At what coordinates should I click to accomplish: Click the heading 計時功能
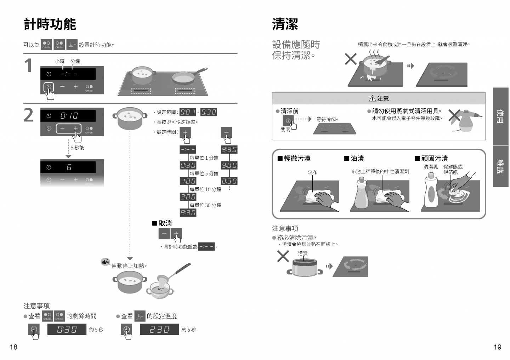tap(50, 24)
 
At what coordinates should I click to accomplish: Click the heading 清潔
tap(285, 24)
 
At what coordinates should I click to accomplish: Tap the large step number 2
tap(29, 115)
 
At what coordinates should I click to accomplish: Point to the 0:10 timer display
tap(69, 116)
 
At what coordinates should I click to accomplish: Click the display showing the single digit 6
tap(69, 167)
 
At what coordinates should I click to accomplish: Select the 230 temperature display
tap(159, 330)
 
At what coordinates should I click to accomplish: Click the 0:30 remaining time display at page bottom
tap(67, 330)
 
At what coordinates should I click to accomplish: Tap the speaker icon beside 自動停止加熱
tap(105, 262)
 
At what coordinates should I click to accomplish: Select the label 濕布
tap(312, 172)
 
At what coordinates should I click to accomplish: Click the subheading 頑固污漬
tap(434, 159)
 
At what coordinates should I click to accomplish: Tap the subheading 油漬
tap(357, 159)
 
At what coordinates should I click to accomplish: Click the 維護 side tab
tap(500, 166)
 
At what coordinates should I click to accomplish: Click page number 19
tap(497, 347)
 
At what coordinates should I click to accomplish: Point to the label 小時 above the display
tap(59, 61)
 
